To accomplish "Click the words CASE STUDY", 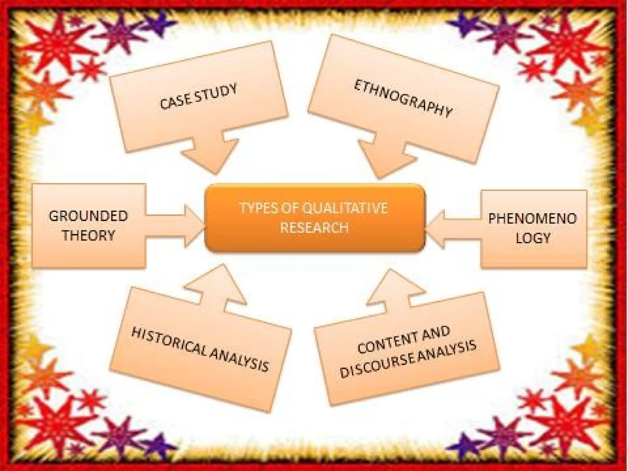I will pyautogui.click(x=198, y=97).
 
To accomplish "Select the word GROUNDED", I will pyautogui.click(x=88, y=216).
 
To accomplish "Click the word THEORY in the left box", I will pyautogui.click(x=88, y=235).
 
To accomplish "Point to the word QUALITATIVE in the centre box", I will pyautogui.click(x=345, y=208).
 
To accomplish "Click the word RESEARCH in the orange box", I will pyautogui.click(x=315, y=228).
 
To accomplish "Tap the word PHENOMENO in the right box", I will pyautogui.click(x=533, y=219).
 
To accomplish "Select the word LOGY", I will pyautogui.click(x=533, y=238).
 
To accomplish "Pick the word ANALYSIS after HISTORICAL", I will pyautogui.click(x=239, y=360).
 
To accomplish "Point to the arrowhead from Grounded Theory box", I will pyautogui.click(x=193, y=226).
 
